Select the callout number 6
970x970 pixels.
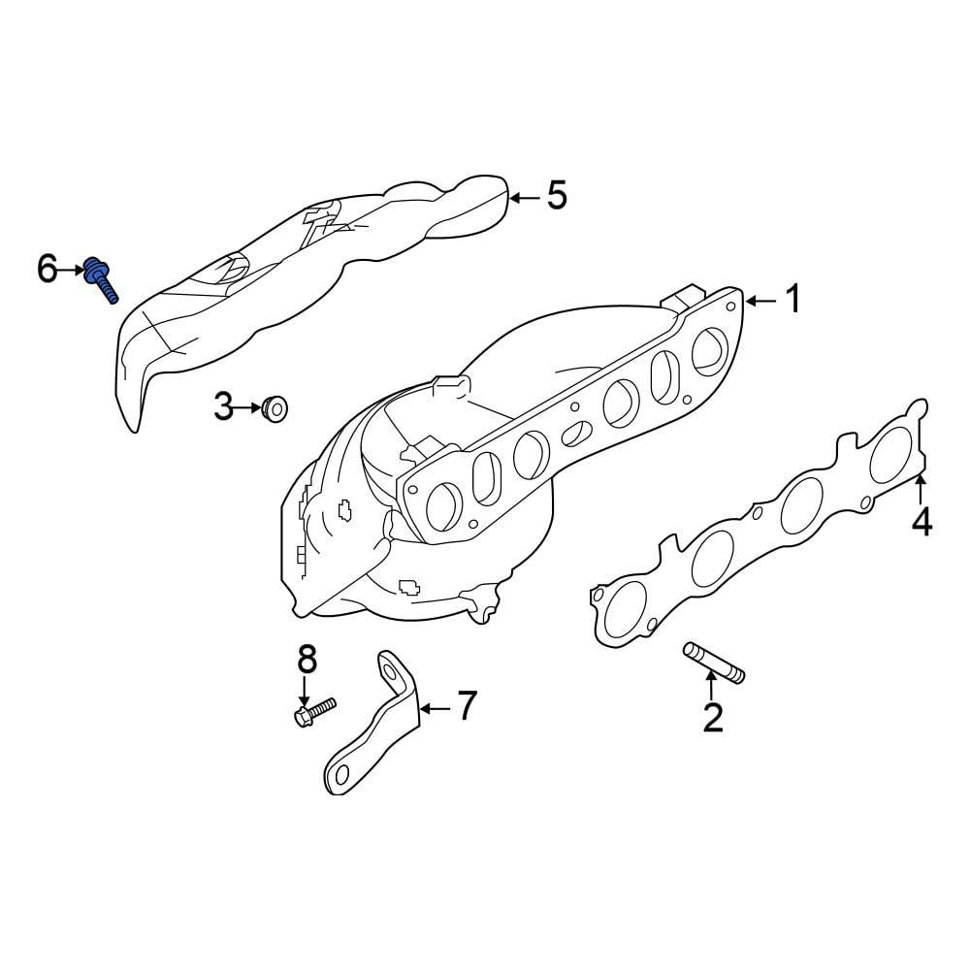pos(48,269)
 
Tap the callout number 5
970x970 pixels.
pos(556,196)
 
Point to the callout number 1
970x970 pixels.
pos(793,300)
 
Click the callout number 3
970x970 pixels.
pos(224,407)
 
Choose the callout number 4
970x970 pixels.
pos(921,523)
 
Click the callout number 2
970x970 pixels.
pos(713,718)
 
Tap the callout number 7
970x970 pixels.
pos(467,706)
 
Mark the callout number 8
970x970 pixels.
pos(307,660)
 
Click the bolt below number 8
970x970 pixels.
pos(312,711)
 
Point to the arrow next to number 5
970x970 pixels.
pos(523,197)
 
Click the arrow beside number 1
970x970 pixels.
pos(760,301)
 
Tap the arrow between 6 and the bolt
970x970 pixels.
pos(75,270)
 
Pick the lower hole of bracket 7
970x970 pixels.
pos(338,773)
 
